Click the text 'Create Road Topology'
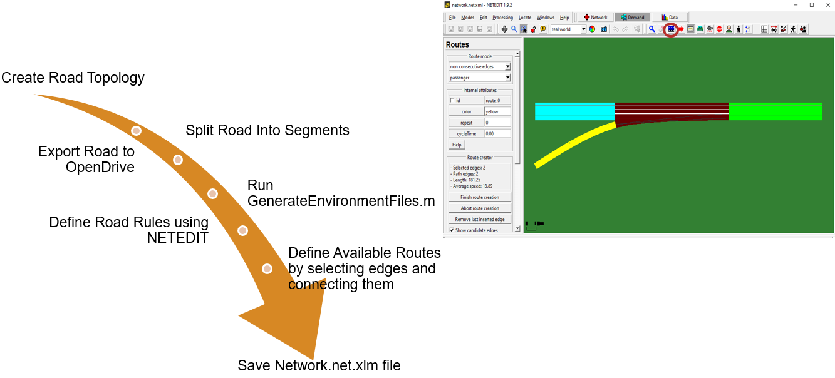click(73, 78)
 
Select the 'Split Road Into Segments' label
click(267, 130)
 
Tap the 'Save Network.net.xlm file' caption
click(319, 365)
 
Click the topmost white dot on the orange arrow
click(136, 131)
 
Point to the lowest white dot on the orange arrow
click(267, 269)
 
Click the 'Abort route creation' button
click(480, 208)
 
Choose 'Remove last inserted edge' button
click(480, 219)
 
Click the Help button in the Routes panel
click(457, 145)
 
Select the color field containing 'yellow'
click(497, 111)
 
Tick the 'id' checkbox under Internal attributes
click(452, 100)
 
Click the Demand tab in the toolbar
click(632, 18)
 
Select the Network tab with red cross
click(595, 18)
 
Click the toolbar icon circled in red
click(671, 29)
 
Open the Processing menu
click(502, 18)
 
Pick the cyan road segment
click(574, 111)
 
